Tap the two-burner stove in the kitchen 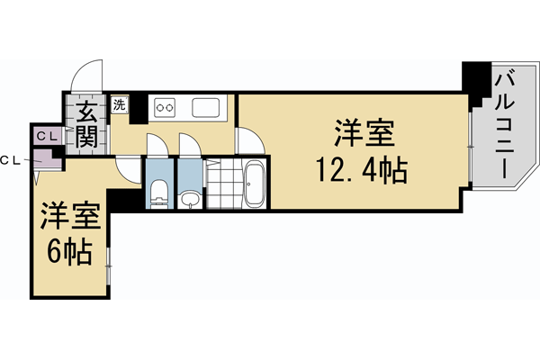tap(165, 108)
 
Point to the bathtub tap(254, 184)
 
